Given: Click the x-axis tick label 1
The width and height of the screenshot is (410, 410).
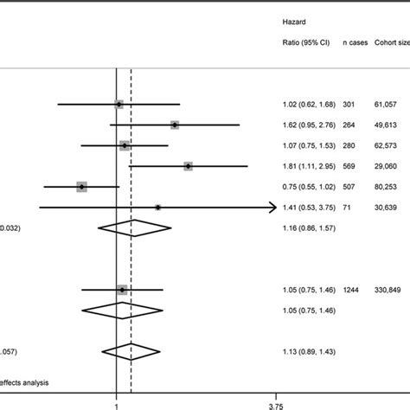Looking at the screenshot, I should (x=116, y=402).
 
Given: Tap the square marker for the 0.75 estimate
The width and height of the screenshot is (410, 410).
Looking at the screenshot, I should (x=82, y=186).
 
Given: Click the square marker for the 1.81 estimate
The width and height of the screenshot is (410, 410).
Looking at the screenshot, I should (x=188, y=165).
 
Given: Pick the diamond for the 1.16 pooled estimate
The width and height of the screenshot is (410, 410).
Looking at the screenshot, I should (x=131, y=228).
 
